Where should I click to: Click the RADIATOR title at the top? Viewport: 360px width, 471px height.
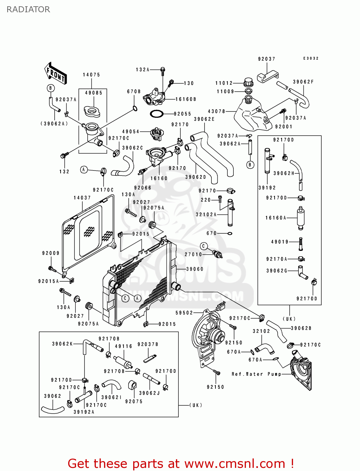[x=28, y=9]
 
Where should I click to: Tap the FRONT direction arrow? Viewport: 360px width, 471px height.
[x=55, y=73]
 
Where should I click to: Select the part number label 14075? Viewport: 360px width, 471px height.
[x=91, y=75]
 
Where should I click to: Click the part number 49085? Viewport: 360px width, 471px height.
[x=94, y=93]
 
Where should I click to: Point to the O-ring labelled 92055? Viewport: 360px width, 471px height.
[x=156, y=114]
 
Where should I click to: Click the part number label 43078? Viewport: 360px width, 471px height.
[x=216, y=111]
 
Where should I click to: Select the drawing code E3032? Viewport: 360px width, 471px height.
[x=311, y=58]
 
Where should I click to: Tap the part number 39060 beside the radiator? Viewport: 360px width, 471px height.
[x=195, y=269]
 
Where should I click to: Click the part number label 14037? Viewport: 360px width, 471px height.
[x=82, y=198]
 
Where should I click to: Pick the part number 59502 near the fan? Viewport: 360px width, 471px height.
[x=184, y=313]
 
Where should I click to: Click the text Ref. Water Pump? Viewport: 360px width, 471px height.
[x=256, y=374]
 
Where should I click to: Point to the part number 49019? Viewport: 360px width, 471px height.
[x=280, y=242]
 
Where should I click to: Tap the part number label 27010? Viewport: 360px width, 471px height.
[x=193, y=254]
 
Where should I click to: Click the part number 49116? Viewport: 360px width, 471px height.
[x=123, y=346]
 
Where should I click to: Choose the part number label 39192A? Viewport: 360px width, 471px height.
[x=84, y=412]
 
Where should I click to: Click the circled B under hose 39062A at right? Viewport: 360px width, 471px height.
[x=250, y=165]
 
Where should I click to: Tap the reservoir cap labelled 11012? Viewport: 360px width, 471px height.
[x=248, y=82]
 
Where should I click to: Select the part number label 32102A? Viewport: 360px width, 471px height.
[x=206, y=214]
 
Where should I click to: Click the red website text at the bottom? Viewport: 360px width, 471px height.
[x=181, y=463]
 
